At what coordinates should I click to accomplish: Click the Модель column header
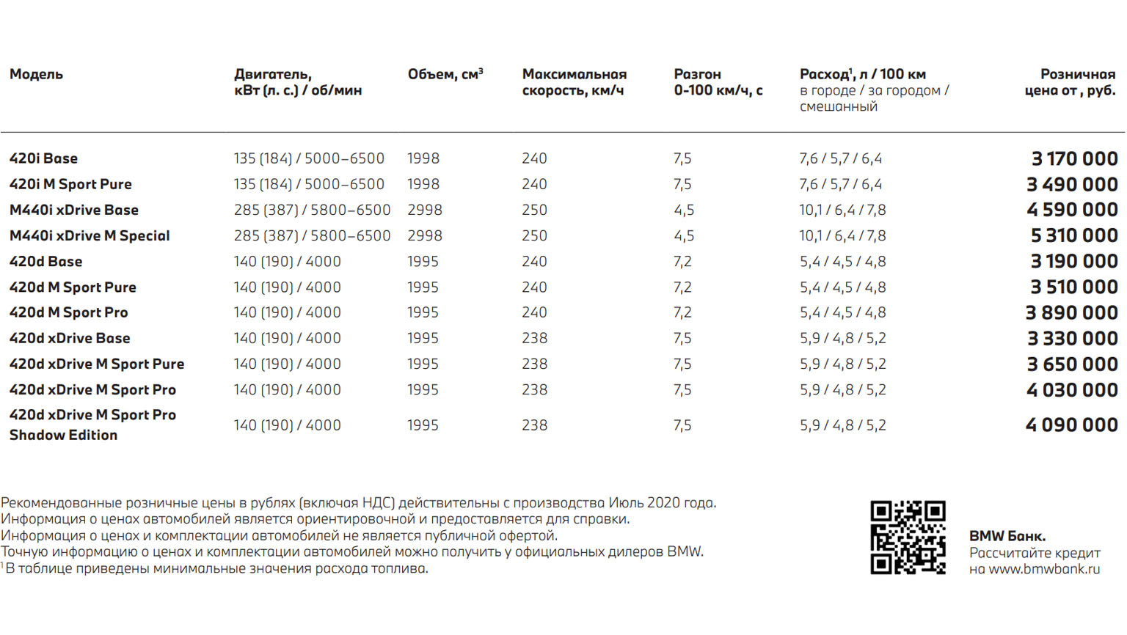click(36, 74)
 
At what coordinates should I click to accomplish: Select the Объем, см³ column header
click(445, 74)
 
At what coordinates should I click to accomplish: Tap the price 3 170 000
click(1074, 158)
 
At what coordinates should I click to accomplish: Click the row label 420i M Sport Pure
click(70, 184)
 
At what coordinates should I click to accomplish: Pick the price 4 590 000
click(1072, 210)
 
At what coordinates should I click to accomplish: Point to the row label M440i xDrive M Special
click(90, 235)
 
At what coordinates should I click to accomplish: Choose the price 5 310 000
click(1074, 235)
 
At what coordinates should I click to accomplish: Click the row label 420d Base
click(45, 261)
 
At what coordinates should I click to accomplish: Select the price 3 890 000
click(1071, 312)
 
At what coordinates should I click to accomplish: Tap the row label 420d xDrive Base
click(70, 338)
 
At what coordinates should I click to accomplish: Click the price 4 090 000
click(1071, 425)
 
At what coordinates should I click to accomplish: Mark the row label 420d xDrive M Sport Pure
click(97, 364)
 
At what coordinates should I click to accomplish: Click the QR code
click(908, 537)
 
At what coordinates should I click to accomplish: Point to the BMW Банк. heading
click(1007, 536)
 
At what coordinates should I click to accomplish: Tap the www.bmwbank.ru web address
click(1044, 569)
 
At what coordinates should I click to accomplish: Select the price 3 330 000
click(1072, 338)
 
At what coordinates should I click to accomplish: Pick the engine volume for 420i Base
click(423, 158)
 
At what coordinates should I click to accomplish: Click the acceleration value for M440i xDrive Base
click(684, 210)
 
